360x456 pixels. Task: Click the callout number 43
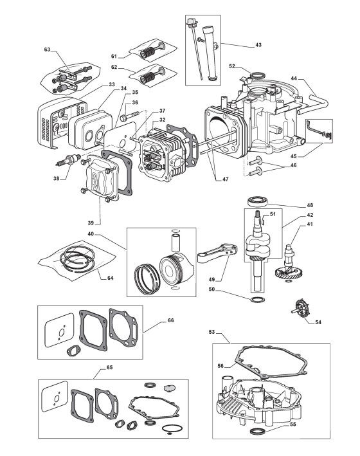point(258,45)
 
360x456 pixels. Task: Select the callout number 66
point(171,320)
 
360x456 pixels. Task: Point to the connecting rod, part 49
point(217,253)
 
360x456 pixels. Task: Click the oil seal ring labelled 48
point(257,201)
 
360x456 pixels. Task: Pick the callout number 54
point(318,322)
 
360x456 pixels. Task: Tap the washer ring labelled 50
point(257,300)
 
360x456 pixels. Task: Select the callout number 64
point(110,278)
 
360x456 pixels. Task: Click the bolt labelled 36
point(128,117)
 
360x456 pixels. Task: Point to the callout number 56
point(221,366)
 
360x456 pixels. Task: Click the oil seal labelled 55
point(257,430)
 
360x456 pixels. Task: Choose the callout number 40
point(91,234)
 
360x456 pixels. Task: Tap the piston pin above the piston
point(176,242)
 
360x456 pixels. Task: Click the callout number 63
point(47,50)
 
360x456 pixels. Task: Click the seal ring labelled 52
point(257,77)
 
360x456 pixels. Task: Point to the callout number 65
point(109,368)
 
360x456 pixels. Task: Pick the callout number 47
point(226,179)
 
